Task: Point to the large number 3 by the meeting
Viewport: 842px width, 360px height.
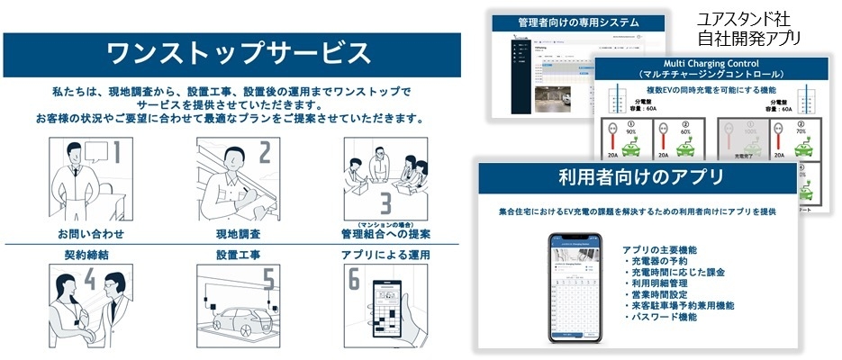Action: coord(385,200)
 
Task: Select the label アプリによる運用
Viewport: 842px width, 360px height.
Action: coord(385,255)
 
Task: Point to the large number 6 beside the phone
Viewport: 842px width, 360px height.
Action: coord(354,282)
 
